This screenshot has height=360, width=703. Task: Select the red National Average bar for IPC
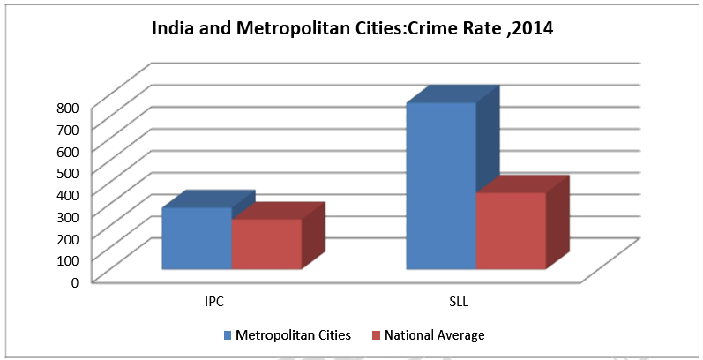pos(266,244)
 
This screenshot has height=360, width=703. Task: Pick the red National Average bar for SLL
pos(510,230)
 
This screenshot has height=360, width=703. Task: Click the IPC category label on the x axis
pos(213,302)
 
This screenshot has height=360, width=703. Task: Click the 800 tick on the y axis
pos(70,108)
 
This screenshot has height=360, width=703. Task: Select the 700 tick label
pos(70,129)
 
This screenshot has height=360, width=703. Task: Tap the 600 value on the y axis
pos(70,151)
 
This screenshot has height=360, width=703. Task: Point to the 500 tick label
pos(70,172)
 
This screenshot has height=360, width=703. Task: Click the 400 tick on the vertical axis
pos(70,194)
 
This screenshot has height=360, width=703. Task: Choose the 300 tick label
pos(70,216)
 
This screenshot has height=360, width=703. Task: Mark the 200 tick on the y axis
pos(70,237)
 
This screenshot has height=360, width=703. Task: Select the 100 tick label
pos(70,259)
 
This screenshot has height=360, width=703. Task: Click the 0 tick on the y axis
pos(75,281)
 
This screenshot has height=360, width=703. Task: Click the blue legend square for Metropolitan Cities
pos(228,335)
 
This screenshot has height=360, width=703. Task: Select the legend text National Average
pos(434,335)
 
